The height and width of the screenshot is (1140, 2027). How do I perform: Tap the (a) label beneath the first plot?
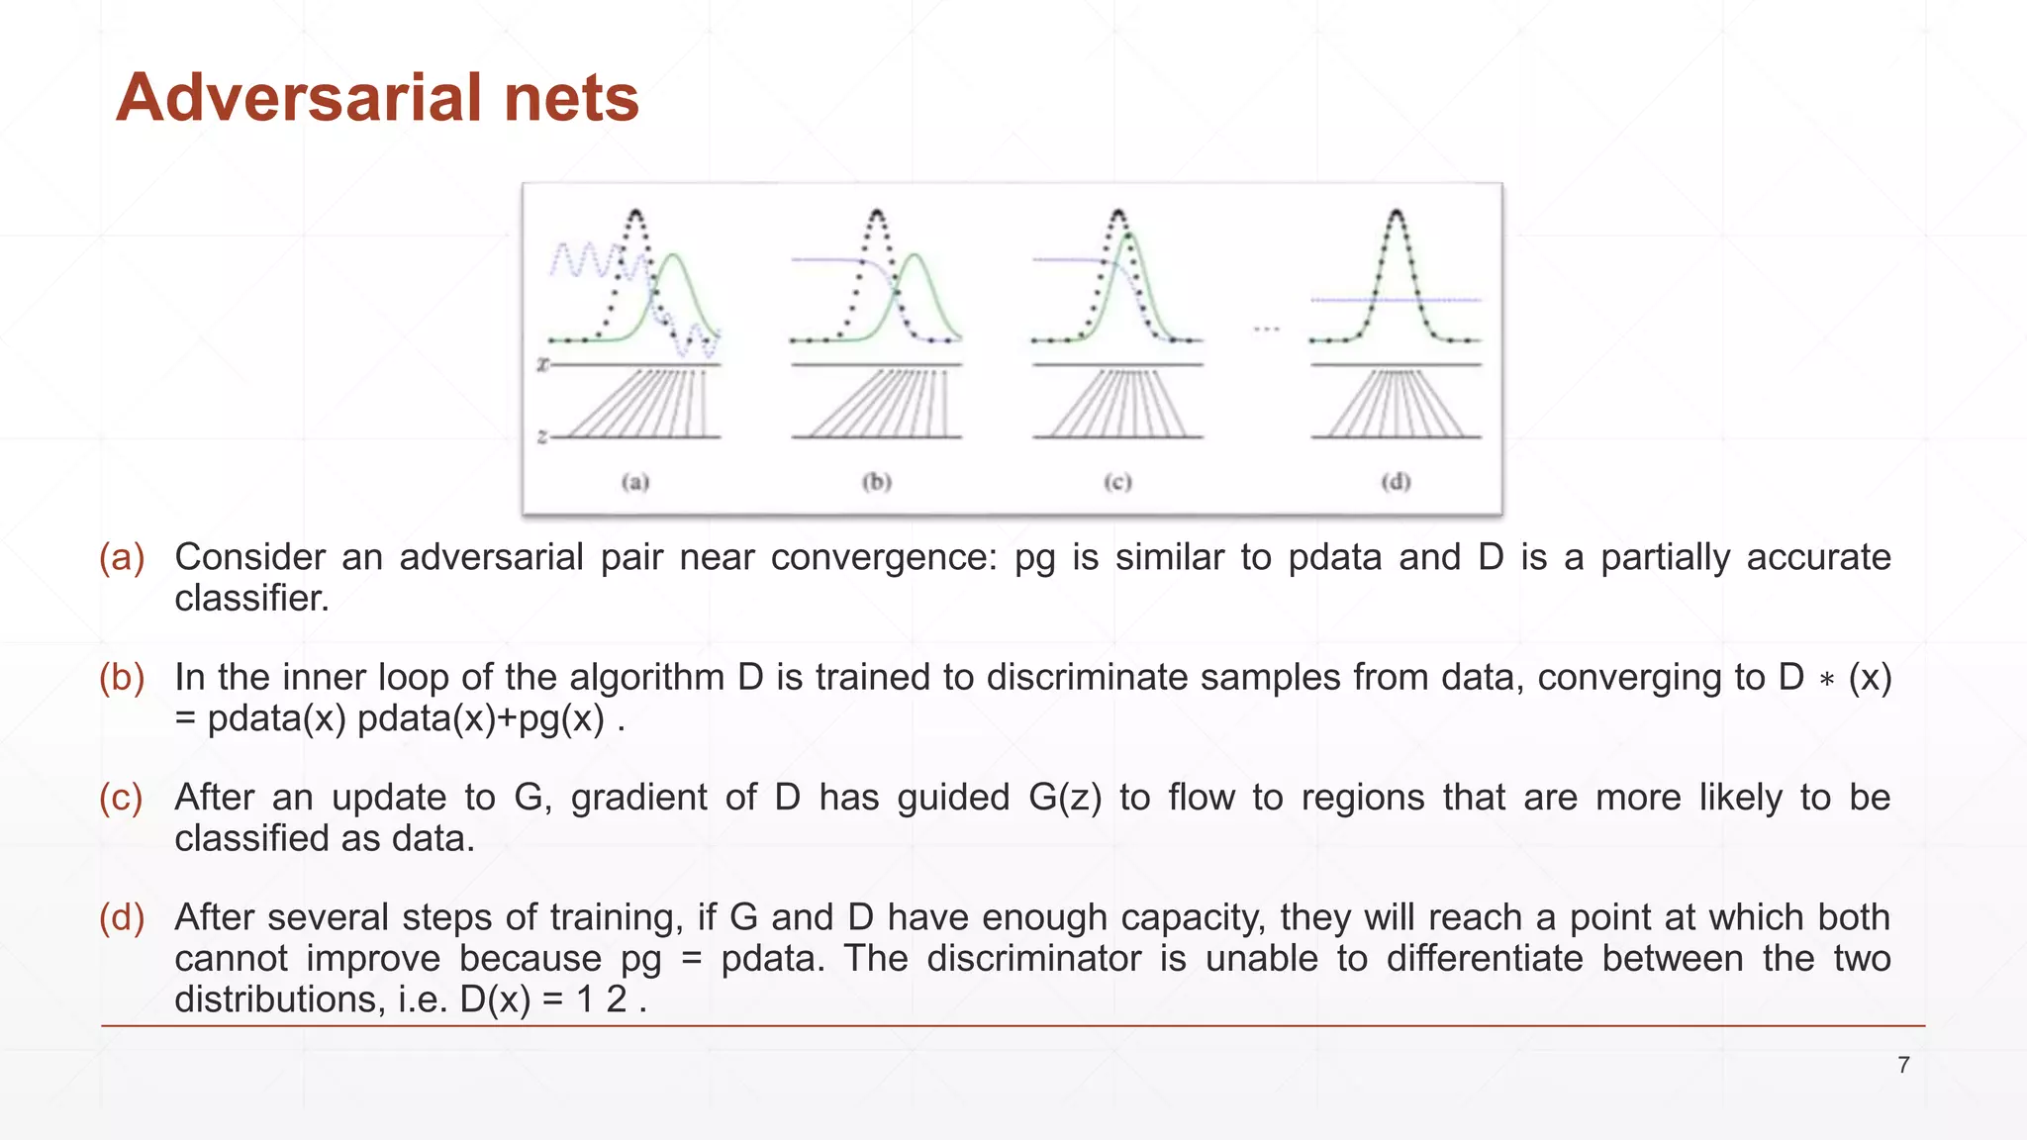[x=635, y=482]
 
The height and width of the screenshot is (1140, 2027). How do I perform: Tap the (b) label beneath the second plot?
[x=877, y=482]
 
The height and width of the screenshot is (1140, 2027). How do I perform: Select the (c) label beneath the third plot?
[x=1117, y=482]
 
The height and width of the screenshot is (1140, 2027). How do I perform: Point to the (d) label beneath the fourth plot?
[x=1396, y=482]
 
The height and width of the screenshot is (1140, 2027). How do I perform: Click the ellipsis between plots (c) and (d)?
[x=1266, y=329]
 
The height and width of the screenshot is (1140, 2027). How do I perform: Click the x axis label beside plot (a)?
[x=542, y=365]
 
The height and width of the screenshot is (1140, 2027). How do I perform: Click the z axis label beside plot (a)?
[x=542, y=436]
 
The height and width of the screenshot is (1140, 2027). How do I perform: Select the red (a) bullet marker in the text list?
[x=122, y=557]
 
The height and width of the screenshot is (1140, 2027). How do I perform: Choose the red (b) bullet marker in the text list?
[x=122, y=678]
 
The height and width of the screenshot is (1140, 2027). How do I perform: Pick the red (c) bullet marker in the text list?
[x=122, y=798]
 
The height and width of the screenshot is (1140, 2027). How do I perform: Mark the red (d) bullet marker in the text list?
[x=122, y=918]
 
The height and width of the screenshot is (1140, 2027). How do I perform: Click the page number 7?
[x=1903, y=1065]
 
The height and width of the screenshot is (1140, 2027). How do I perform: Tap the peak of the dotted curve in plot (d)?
[x=1396, y=212]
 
